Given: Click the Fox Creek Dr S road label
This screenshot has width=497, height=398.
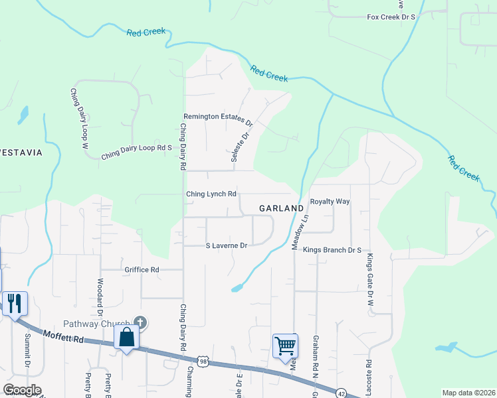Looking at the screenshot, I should pyautogui.click(x=391, y=16).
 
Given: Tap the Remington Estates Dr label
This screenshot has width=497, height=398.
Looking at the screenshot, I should pyautogui.click(x=219, y=119).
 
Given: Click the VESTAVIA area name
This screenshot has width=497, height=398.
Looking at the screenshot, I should pyautogui.click(x=21, y=153).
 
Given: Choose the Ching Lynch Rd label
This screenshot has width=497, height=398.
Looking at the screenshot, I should pyautogui.click(x=211, y=194).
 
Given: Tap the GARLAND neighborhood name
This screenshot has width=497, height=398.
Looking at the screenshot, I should pyautogui.click(x=281, y=208).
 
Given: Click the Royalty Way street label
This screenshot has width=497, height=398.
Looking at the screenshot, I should pyautogui.click(x=330, y=201).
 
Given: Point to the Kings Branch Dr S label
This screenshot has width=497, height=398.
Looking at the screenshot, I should pyautogui.click(x=332, y=250).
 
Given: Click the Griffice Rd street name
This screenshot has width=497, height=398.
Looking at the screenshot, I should pyautogui.click(x=142, y=270).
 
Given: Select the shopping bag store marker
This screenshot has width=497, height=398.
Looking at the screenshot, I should pyautogui.click(x=126, y=337).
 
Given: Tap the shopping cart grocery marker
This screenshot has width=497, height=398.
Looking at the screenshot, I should pyautogui.click(x=285, y=345).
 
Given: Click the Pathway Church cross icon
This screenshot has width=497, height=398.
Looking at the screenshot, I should pyautogui.click(x=139, y=322).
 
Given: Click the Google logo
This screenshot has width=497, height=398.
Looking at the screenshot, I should pyautogui.click(x=22, y=390).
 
